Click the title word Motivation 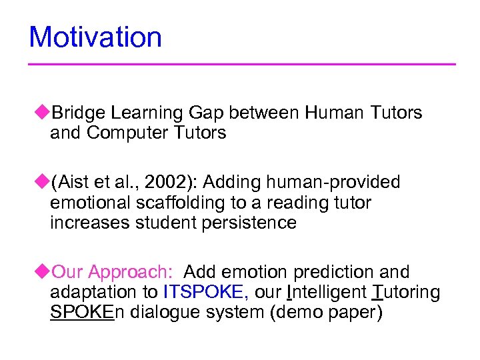95,37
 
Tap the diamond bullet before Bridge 45,112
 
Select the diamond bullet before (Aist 45,181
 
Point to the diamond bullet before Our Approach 45,271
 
